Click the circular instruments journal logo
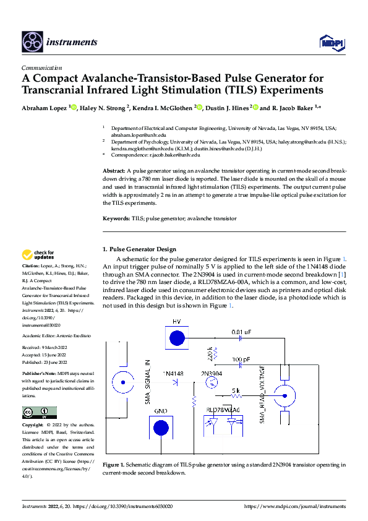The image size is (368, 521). tap(32, 41)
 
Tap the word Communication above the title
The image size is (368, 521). tap(41, 68)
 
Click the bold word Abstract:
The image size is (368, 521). tap(114, 170)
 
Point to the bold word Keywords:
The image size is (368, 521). tap(116, 218)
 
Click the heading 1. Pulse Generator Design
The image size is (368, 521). tap(139, 249)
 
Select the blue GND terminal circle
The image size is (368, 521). tap(160, 427)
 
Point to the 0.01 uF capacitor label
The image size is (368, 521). tap(241, 332)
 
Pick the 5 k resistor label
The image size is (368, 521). tap(236, 390)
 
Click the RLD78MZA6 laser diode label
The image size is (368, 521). tap(223, 410)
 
